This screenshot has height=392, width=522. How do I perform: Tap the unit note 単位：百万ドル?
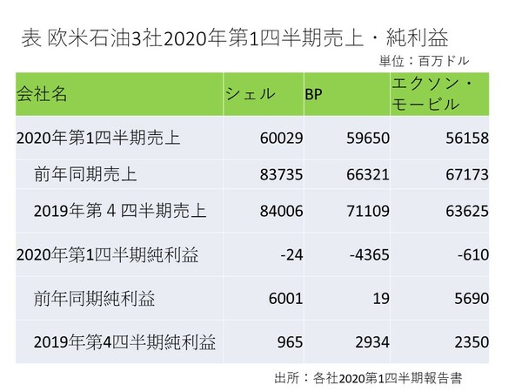click(428, 62)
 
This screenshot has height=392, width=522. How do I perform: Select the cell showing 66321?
click(368, 174)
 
